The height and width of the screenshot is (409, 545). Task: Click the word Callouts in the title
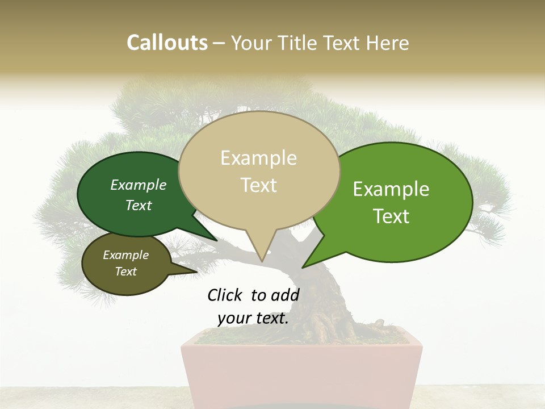(167, 43)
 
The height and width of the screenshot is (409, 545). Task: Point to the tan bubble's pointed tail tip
(262, 261)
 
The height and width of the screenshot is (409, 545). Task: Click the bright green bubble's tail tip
(303, 267)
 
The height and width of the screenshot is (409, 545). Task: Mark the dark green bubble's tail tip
(216, 240)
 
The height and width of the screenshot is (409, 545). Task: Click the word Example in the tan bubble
(258, 158)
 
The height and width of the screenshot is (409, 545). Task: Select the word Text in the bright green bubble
(392, 216)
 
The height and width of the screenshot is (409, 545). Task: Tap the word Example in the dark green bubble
(139, 185)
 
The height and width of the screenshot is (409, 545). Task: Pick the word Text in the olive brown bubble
(126, 272)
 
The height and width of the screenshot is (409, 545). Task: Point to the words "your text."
(253, 318)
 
